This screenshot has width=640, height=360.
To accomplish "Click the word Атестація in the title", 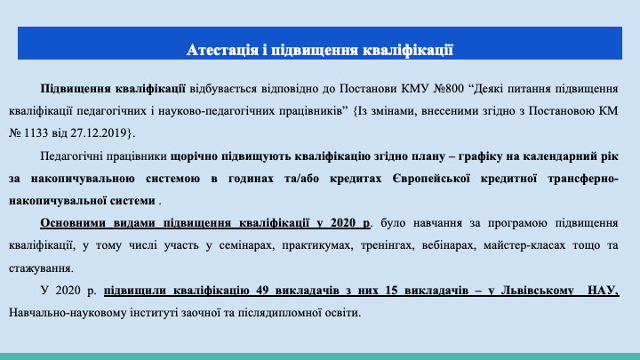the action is [222, 50].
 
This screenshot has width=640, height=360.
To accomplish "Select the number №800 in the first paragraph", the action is [449, 89].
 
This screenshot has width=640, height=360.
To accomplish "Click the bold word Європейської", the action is [431, 179].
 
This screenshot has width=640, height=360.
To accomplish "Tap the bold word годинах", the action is [251, 179].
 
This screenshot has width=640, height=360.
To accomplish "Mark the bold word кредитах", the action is [356, 179].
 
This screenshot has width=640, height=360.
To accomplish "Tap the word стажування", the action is [40, 268].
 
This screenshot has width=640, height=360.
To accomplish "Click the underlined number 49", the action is [263, 290].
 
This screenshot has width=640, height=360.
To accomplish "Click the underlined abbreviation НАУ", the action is [603, 290].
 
